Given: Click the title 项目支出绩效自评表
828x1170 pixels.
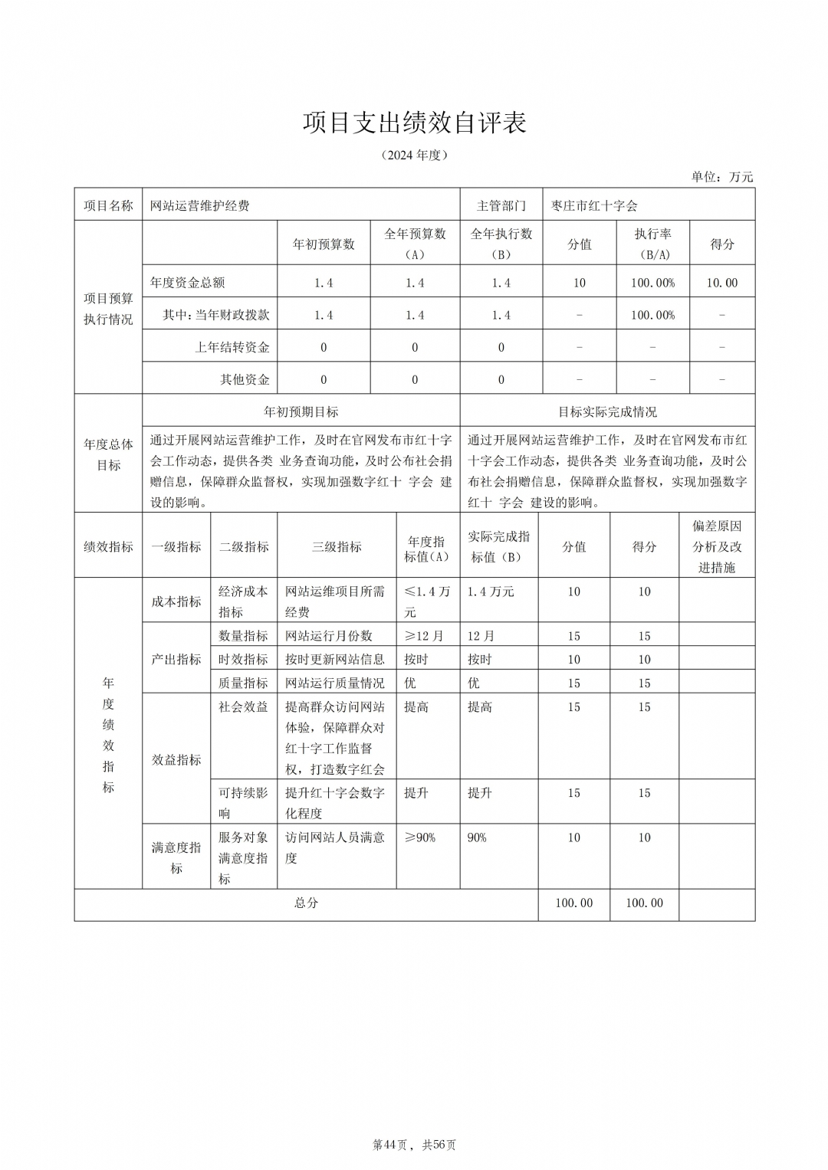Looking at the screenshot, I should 414,123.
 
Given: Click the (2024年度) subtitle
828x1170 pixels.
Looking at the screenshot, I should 414,156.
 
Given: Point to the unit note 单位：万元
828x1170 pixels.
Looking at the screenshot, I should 721,177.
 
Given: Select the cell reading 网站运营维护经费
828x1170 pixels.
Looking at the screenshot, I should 200,205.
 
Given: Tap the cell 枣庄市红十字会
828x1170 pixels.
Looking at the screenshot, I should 594,205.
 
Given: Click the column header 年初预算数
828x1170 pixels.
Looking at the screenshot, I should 324,244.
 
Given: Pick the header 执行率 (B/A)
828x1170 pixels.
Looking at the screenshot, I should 652,244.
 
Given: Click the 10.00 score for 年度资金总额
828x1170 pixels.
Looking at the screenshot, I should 721,283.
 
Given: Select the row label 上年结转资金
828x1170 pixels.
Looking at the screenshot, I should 232,347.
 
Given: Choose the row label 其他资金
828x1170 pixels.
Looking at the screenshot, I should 245,379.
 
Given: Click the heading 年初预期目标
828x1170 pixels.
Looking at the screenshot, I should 301,411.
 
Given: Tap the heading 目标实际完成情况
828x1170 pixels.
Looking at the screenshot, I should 607,411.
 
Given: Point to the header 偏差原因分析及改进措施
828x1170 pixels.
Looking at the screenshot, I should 717,546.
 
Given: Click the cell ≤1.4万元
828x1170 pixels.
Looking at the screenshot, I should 426,601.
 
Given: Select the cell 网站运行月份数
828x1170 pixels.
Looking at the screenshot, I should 329,636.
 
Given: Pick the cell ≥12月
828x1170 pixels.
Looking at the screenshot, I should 423,636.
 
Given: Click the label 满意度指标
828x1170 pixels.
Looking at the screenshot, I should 176,857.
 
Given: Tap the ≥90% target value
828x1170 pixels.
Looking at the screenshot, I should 419,837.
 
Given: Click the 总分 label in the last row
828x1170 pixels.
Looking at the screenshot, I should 306,903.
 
